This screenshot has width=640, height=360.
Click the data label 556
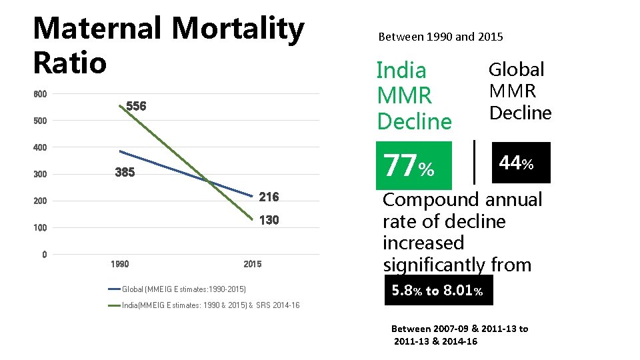click(136, 107)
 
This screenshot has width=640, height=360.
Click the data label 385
click(125, 173)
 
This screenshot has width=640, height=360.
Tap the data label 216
click(269, 197)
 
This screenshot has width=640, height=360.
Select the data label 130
click(269, 220)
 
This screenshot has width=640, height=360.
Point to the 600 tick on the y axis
click(40, 95)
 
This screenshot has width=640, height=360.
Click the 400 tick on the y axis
click(40, 147)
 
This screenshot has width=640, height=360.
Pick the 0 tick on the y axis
click(44, 255)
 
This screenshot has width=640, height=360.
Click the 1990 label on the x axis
click(120, 265)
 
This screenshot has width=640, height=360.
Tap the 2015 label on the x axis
click(253, 265)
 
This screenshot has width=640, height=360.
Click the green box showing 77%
click(413, 165)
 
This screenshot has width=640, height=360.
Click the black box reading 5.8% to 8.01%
click(439, 291)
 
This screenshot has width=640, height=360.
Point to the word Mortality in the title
click(237, 29)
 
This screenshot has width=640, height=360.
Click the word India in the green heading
click(401, 70)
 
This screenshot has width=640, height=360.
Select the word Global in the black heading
click(517, 69)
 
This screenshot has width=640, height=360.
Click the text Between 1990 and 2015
click(441, 37)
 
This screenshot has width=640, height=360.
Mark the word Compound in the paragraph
click(431, 200)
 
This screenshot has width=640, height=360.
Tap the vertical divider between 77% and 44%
click(474, 162)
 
